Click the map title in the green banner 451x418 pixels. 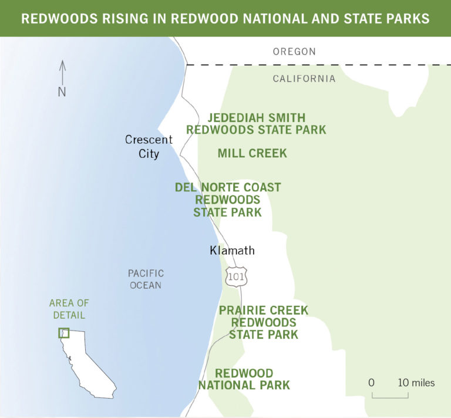225,18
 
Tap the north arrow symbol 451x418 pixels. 62,72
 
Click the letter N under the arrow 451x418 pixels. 62,92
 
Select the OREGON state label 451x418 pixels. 294,52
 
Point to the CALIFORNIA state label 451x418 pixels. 304,79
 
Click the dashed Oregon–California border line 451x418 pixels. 317,65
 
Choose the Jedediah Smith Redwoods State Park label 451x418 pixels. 256,124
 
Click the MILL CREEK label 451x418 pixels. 252,153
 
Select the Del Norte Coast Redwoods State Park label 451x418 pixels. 228,200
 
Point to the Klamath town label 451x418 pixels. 232,251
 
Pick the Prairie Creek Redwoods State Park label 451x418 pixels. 263,322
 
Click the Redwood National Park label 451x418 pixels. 244,379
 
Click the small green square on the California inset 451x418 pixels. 63,333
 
